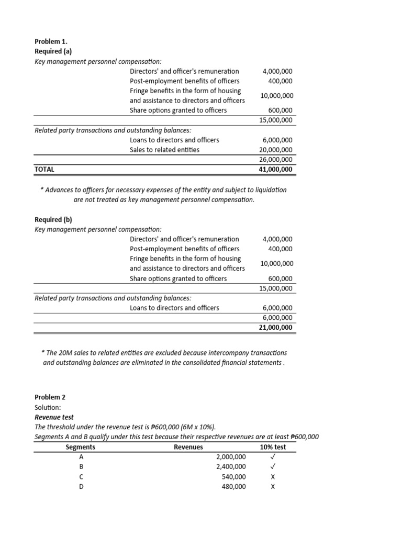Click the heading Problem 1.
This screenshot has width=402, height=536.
click(x=51, y=41)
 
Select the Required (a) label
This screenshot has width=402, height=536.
click(x=53, y=51)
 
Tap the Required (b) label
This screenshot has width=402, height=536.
click(x=53, y=219)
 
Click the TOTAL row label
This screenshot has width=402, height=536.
click(x=44, y=170)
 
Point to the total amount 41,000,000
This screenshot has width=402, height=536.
click(x=276, y=170)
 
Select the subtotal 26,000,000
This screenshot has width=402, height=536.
click(x=276, y=160)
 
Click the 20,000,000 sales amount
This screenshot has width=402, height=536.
click(x=276, y=150)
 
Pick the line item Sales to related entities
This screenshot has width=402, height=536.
click(x=164, y=150)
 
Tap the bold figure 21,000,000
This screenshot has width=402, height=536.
click(x=276, y=328)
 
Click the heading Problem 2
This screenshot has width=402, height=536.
click(x=50, y=397)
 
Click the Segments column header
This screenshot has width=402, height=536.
click(x=81, y=447)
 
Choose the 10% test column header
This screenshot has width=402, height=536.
click(x=273, y=447)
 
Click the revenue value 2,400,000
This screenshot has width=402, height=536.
click(x=231, y=467)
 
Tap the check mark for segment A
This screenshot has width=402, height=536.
click(x=273, y=457)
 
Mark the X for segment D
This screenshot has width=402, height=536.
click(x=273, y=487)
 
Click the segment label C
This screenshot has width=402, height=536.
click(x=81, y=477)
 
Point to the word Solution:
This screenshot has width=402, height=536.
click(x=48, y=407)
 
